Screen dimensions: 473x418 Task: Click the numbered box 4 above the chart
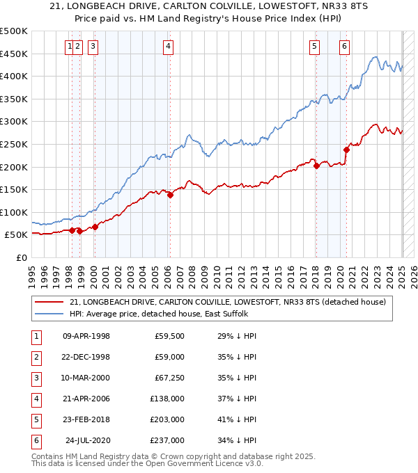pos(169,47)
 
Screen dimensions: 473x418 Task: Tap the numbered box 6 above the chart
pos(344,47)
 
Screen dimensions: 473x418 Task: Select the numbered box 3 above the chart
pos(93,47)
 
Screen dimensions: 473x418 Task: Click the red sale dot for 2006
pos(170,195)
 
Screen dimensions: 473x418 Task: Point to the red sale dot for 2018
pos(316,166)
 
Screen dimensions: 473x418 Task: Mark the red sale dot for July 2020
pos(346,150)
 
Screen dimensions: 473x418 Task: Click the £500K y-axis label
pos(14,31)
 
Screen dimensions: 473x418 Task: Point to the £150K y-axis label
pos(14,189)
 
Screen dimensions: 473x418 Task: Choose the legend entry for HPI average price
pos(158,314)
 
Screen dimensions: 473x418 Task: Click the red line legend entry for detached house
pos(232,301)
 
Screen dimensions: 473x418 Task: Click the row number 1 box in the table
pos(36,336)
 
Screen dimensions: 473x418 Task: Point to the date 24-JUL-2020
pos(88,440)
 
